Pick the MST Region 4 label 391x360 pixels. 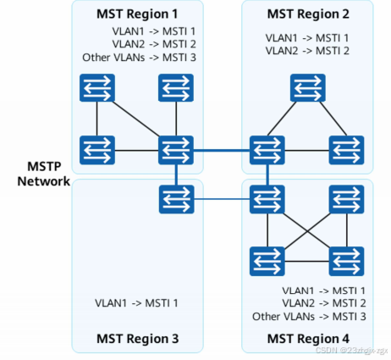point(307,340)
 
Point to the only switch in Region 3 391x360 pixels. point(175,200)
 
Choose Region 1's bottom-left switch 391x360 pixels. point(96,150)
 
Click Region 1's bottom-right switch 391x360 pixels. point(176,150)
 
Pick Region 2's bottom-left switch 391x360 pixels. point(267,150)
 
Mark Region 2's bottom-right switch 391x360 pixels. point(347,150)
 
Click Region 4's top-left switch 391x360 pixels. point(267,200)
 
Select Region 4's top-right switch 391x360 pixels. point(347,200)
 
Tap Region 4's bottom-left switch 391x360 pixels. point(267,260)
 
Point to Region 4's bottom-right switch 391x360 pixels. point(347,260)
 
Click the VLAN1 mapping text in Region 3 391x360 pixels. point(135,302)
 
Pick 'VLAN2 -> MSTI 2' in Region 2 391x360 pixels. point(307,51)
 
